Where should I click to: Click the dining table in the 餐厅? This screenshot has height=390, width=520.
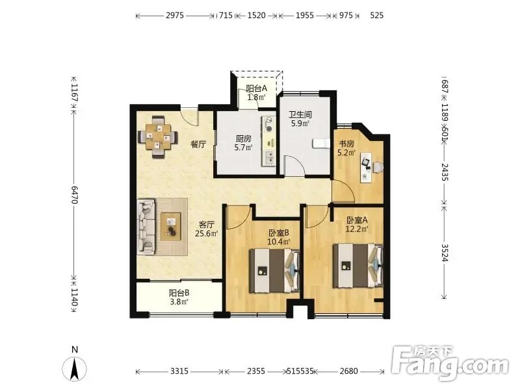pyautogui.click(x=158, y=136)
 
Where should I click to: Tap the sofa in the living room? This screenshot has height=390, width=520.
pyautogui.click(x=146, y=227)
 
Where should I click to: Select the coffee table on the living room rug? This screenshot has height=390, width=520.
pyautogui.click(x=171, y=226)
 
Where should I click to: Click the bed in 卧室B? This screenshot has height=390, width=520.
pyautogui.click(x=274, y=270)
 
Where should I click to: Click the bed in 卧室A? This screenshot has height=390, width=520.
pyautogui.click(x=358, y=266)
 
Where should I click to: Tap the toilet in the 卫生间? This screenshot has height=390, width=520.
pyautogui.click(x=320, y=143)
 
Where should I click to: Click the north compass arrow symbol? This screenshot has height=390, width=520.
pyautogui.click(x=75, y=369)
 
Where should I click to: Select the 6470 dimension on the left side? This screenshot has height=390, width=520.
pyautogui.click(x=73, y=194)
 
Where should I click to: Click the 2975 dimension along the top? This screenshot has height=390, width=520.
pyautogui.click(x=175, y=15)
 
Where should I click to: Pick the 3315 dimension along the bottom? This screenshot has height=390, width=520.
pyautogui.click(x=179, y=370)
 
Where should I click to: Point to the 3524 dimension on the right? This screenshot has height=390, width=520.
pyautogui.click(x=445, y=253)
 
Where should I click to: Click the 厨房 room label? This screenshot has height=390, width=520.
pyautogui.click(x=243, y=139)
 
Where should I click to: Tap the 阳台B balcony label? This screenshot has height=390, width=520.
pyautogui.click(x=179, y=293)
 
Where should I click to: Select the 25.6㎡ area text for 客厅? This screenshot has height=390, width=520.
pyautogui.click(x=206, y=233)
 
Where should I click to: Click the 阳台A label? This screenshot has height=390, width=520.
pyautogui.click(x=256, y=88)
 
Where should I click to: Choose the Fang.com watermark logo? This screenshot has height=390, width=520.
pyautogui.click(x=450, y=363)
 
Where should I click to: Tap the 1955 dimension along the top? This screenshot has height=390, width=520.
pyautogui.click(x=305, y=15)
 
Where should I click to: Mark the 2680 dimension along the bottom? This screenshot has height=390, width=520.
pyautogui.click(x=348, y=370)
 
